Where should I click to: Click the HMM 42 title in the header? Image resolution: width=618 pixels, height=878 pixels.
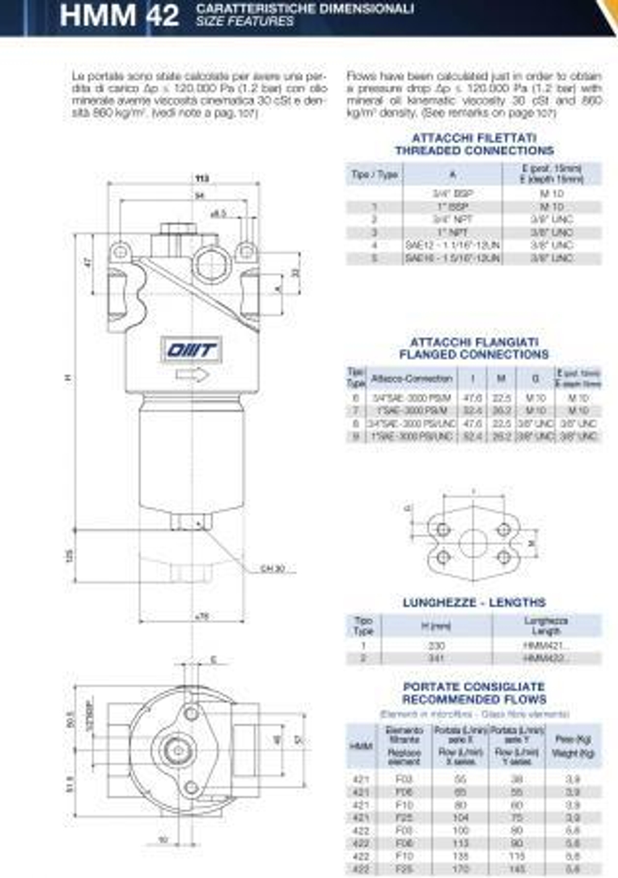[x=119, y=15]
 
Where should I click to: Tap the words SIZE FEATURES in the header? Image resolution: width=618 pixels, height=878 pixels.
[x=245, y=22]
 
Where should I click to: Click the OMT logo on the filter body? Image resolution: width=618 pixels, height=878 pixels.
[x=192, y=351]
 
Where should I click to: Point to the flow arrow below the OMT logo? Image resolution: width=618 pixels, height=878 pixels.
[x=192, y=375]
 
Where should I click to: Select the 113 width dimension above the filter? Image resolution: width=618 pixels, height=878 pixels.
[x=202, y=179]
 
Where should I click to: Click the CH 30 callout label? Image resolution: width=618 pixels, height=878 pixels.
[x=272, y=569]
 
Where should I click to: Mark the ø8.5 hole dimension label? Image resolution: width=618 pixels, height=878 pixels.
[x=218, y=214]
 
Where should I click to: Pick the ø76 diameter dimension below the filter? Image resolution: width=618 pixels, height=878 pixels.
[x=201, y=616]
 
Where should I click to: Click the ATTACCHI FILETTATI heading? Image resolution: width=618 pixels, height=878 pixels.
[x=474, y=138]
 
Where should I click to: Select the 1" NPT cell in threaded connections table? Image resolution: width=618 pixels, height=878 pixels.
[x=452, y=232]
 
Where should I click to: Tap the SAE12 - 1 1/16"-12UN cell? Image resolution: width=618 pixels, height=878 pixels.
[x=452, y=245]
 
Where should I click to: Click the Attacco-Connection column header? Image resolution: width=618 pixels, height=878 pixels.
[x=412, y=378]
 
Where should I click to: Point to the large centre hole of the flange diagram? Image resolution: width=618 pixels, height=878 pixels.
[x=473, y=543]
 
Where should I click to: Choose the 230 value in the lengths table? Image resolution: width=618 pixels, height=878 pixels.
[x=436, y=646]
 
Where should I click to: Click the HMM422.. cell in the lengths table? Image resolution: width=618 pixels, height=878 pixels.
[x=546, y=658]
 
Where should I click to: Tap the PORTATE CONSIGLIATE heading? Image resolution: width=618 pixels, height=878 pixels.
[x=474, y=687]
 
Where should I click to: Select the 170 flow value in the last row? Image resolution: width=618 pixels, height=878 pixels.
[x=461, y=869]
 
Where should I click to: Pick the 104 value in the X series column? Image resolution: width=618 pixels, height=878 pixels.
[x=461, y=817]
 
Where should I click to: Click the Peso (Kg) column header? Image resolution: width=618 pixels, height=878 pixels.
[x=573, y=739]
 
